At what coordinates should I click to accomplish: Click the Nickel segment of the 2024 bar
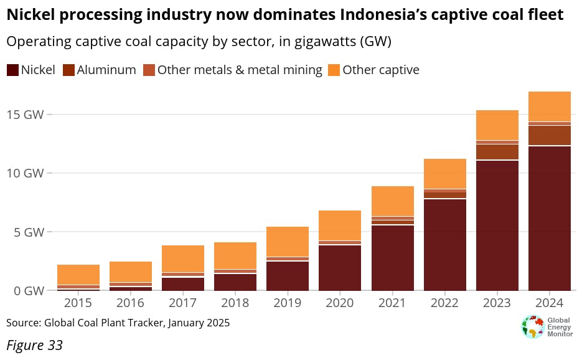point(550,218)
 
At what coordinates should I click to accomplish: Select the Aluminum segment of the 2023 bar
point(497,152)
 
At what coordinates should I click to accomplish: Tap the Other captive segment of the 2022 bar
point(445,174)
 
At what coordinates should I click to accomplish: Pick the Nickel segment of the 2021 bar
point(393,257)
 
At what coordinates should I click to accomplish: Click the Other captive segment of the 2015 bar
point(78,275)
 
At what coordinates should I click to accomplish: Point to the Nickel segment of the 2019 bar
point(288,276)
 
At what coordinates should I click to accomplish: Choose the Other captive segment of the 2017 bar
point(183,258)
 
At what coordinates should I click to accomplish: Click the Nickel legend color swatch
point(12,70)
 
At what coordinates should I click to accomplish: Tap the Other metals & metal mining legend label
point(240,70)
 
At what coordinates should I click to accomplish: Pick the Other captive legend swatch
point(334,70)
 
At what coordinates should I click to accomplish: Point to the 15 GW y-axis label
point(26,115)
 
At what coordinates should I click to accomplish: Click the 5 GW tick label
point(29,232)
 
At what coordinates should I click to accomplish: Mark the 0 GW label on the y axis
point(29,290)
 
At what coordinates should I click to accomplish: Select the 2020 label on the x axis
point(340,303)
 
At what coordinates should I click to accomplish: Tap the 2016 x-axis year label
point(131,303)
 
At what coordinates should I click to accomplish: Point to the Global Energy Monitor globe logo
point(532,326)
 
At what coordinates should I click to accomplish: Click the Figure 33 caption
point(35,344)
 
